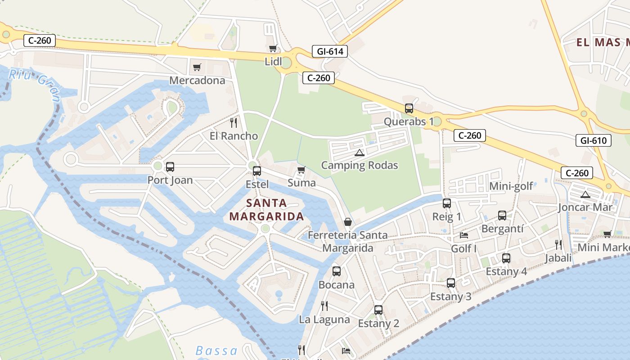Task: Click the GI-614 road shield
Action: click(x=330, y=51)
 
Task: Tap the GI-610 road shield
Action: click(x=593, y=140)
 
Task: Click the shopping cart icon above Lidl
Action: click(x=273, y=49)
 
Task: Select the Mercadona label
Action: click(x=197, y=81)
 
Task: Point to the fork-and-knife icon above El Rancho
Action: click(x=233, y=123)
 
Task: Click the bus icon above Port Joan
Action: click(x=170, y=167)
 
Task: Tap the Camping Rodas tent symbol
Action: click(x=359, y=153)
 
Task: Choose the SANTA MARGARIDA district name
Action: click(x=266, y=210)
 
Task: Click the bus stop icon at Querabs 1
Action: click(x=409, y=108)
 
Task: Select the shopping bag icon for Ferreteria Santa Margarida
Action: click(x=348, y=222)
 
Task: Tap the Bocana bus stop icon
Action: click(x=336, y=271)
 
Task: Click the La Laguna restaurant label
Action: click(x=324, y=319)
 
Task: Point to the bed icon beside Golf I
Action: click(x=464, y=235)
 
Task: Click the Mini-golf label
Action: click(x=511, y=186)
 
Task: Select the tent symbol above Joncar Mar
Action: click(x=585, y=194)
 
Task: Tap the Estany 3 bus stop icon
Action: click(x=450, y=283)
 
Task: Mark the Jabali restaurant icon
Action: click(x=558, y=245)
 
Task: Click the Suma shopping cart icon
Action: click(x=301, y=170)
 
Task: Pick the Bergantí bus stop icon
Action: click(x=502, y=216)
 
